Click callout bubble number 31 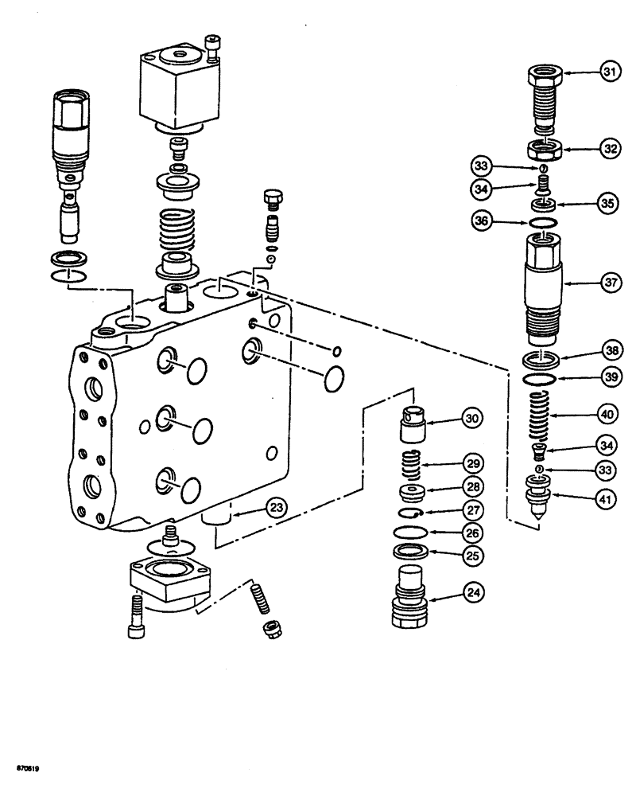point(610,72)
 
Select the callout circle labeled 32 point(610,148)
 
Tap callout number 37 point(610,281)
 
